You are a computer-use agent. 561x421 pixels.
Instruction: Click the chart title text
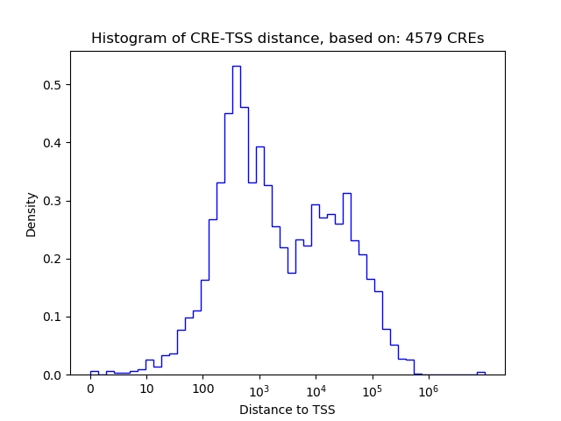click(x=288, y=39)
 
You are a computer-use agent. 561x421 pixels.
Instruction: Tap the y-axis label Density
click(x=32, y=214)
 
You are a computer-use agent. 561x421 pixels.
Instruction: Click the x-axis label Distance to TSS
click(x=288, y=410)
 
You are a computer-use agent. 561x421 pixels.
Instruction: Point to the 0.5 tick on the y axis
click(x=53, y=85)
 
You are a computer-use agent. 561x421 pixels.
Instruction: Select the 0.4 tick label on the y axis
click(x=53, y=143)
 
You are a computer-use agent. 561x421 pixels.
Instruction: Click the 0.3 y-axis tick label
click(x=53, y=201)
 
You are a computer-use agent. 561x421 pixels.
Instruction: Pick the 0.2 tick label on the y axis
click(x=53, y=259)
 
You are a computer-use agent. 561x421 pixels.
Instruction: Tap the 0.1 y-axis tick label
click(x=53, y=317)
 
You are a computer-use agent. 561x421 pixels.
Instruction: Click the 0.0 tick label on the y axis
click(x=53, y=375)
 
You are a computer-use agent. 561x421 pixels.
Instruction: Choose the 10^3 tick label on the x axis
click(x=259, y=389)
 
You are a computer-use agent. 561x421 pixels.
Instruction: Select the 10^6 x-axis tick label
click(x=428, y=389)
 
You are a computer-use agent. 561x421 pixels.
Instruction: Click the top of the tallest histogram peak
click(x=237, y=66)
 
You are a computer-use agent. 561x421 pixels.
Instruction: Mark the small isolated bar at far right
click(x=480, y=373)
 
